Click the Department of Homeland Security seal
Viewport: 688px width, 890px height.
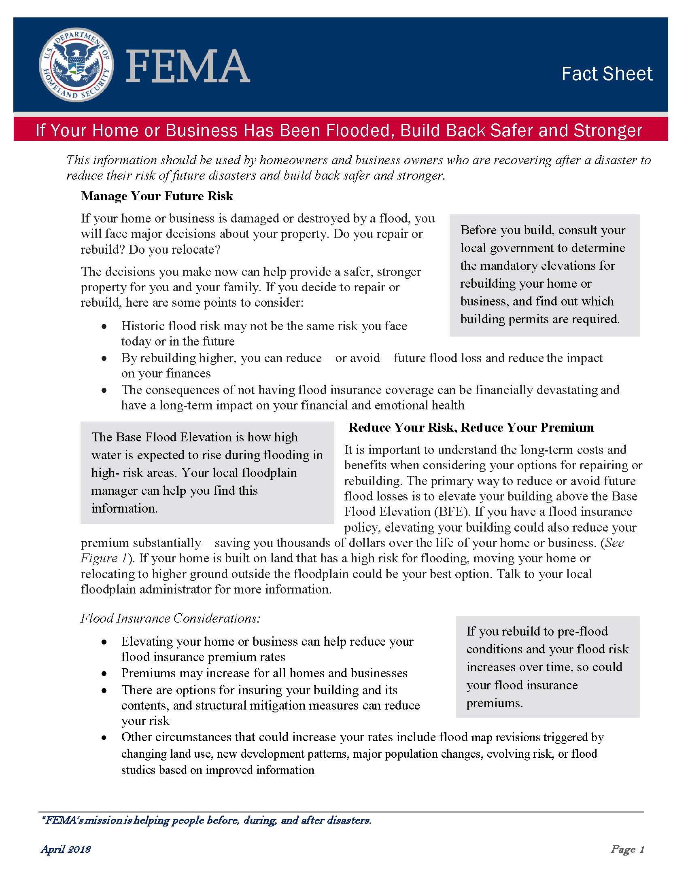76,65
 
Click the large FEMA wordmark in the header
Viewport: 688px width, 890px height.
188,66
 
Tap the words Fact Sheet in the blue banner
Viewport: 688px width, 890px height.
607,74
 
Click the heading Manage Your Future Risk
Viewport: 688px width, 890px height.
157,196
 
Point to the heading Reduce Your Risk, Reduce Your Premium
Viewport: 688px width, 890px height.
471,428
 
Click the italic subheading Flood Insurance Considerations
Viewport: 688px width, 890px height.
170,618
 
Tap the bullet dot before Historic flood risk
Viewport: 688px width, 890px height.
105,326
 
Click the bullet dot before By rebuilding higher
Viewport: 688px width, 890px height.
105,358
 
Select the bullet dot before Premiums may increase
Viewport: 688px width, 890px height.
105,674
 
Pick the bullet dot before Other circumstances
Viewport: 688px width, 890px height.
105,737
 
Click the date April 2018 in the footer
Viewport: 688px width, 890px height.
66,849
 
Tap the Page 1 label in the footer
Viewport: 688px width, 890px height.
627,849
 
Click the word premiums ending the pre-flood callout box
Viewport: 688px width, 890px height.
494,703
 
